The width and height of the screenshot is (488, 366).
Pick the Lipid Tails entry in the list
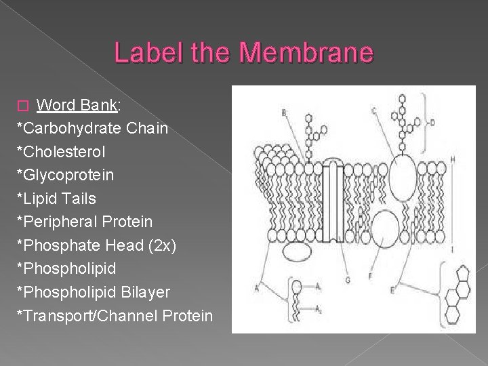pyautogui.click(x=57, y=199)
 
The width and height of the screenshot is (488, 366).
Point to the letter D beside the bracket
pyautogui.click(x=432, y=123)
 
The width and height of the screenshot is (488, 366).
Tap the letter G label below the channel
pyautogui.click(x=347, y=280)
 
